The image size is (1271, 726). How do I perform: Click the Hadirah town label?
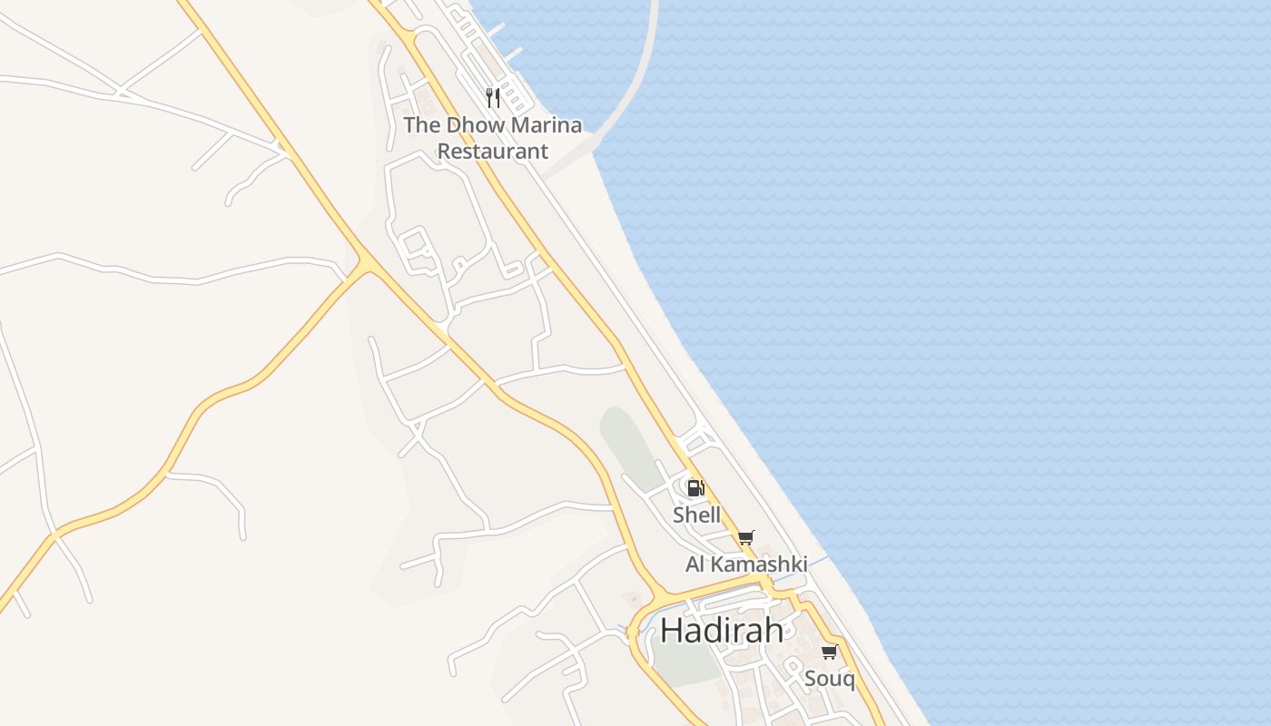722,630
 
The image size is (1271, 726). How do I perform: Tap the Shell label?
696,515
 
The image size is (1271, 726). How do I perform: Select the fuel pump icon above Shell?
695,488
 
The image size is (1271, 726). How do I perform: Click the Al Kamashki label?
745,564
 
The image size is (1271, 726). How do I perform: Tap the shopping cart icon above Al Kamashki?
746,537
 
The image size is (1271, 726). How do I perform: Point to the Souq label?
829,678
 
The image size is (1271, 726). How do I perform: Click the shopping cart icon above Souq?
829,652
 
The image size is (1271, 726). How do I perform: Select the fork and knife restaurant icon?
493,97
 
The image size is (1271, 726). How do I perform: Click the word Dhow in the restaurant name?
472,125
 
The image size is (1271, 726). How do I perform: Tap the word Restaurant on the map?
493,151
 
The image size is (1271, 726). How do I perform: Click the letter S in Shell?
678,515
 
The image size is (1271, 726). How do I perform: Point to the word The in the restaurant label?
420,125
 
